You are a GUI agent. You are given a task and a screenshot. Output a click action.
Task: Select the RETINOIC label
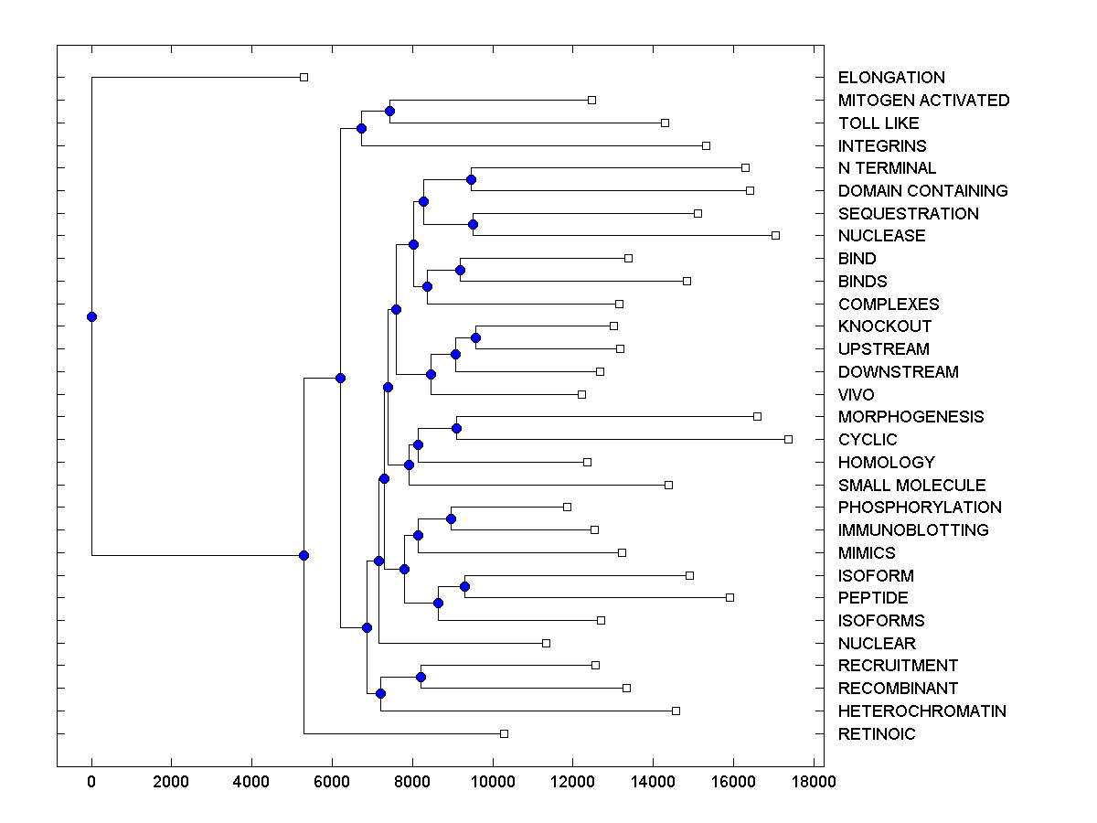[x=876, y=734]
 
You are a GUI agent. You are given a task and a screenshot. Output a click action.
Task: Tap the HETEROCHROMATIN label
[x=921, y=711]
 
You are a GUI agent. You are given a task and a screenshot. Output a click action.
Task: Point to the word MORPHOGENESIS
[x=911, y=417]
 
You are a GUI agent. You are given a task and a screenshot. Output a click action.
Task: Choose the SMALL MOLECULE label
[x=911, y=486]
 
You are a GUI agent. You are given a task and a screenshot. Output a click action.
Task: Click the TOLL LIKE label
[x=879, y=123]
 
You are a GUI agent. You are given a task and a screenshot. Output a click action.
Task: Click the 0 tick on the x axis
[x=91, y=782]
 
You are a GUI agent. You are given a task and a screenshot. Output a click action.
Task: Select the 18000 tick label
[x=814, y=782]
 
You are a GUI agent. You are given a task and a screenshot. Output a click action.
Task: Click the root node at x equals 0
[x=91, y=316]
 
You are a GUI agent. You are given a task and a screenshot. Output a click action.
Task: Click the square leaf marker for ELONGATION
[x=304, y=77]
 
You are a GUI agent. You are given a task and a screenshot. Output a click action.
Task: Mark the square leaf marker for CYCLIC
[x=788, y=439]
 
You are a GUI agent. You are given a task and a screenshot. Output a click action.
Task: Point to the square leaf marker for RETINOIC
[x=504, y=733]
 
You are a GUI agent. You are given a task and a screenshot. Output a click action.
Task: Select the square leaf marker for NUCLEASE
[x=775, y=235]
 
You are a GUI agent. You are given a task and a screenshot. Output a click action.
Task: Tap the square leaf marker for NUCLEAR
[x=546, y=643]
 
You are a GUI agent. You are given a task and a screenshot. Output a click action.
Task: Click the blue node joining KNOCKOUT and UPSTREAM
[x=475, y=337]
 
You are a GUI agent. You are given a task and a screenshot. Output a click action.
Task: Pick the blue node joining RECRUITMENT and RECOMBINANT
[x=421, y=677]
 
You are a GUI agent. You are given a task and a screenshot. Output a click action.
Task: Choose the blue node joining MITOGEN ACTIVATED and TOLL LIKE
[x=389, y=111]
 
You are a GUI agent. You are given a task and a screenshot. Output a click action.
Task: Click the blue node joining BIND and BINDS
[x=460, y=270]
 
